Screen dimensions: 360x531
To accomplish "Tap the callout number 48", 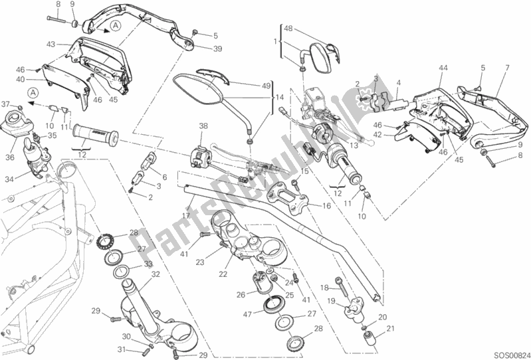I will (288, 29).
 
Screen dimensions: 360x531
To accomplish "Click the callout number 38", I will (203, 125).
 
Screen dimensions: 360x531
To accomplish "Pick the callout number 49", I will (266, 85).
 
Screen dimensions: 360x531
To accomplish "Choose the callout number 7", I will (506, 67).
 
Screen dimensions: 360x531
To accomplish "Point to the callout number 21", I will (390, 328).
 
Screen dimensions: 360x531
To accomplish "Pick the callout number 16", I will (326, 207).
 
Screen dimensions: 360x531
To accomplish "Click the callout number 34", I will (9, 179).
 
